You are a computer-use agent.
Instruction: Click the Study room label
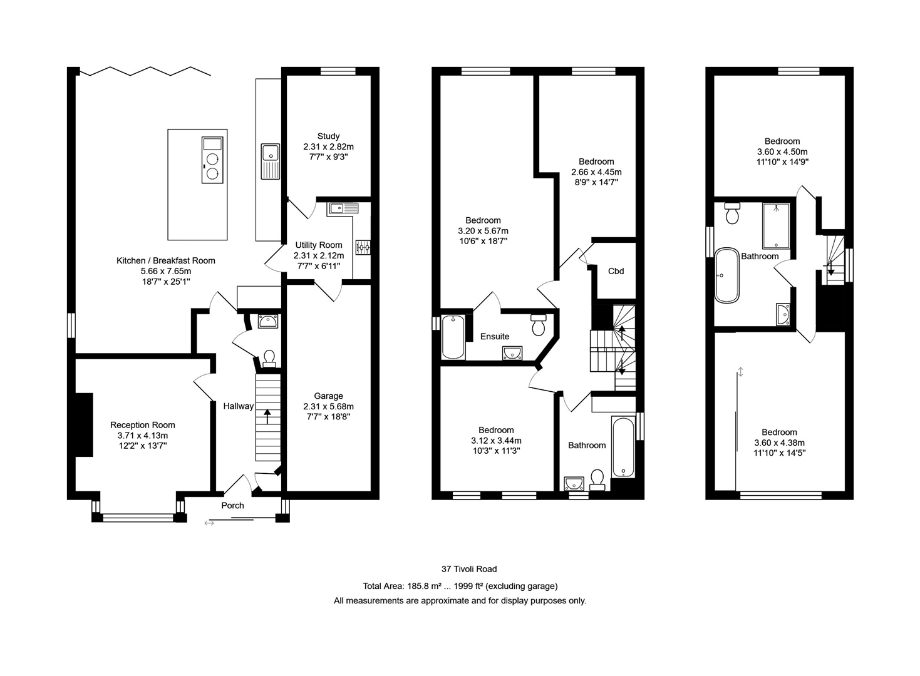(328, 136)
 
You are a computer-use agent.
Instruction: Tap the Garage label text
(328, 396)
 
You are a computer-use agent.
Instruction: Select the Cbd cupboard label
(616, 271)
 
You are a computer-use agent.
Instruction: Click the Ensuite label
(495, 336)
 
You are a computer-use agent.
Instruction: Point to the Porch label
(232, 505)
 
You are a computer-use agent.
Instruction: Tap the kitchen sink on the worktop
(271, 152)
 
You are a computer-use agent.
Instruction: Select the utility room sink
(342, 208)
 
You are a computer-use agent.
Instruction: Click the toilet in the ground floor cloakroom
(269, 357)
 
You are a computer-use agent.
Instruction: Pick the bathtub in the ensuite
(453, 337)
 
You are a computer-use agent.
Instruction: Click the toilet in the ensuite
(539, 325)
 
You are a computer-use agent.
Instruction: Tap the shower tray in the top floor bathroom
(775, 225)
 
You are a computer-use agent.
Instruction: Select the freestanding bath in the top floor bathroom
(726, 275)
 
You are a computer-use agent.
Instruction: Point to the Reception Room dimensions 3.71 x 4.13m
(143, 436)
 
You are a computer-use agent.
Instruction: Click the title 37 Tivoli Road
(469, 569)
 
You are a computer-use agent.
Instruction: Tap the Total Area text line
(460, 586)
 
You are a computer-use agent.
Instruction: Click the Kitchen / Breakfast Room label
(166, 260)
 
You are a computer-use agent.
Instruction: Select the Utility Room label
(319, 245)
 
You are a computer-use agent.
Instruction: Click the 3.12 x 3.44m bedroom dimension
(496, 441)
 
